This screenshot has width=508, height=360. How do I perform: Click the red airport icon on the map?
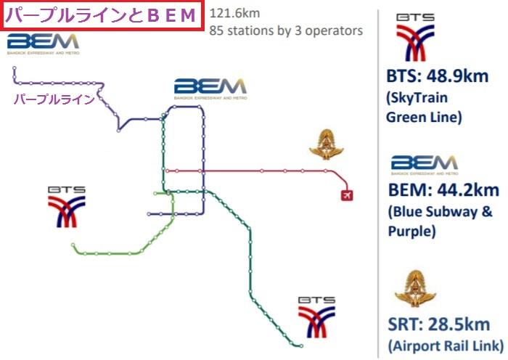click(347, 195)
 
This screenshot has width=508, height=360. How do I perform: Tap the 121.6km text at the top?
click(235, 13)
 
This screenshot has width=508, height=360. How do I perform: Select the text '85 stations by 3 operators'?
click(286, 30)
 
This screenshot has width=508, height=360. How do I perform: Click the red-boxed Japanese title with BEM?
click(102, 15)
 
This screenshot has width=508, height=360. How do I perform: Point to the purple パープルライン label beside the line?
click(54, 99)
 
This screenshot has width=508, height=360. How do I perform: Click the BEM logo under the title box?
click(43, 44)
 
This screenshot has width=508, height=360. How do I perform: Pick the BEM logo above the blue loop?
click(210, 89)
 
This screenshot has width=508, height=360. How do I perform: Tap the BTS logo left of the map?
click(67, 207)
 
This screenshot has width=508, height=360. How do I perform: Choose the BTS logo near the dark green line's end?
click(317, 317)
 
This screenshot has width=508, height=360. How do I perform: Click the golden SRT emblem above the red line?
click(327, 144)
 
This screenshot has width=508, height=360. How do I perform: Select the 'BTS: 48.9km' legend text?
click(438, 76)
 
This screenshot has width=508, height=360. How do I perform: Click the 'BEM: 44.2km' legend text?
click(443, 190)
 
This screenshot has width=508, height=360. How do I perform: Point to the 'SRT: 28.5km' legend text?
click(438, 324)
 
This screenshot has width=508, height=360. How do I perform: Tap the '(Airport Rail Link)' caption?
click(446, 345)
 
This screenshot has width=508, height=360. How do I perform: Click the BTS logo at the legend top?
click(415, 37)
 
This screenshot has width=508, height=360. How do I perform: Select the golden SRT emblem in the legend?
click(415, 288)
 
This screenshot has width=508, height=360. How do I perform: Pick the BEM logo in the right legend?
click(425, 165)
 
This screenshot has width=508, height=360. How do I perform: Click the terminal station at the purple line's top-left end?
click(15, 68)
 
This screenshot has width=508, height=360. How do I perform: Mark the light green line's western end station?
click(73, 245)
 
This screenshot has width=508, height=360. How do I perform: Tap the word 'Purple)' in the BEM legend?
click(411, 232)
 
